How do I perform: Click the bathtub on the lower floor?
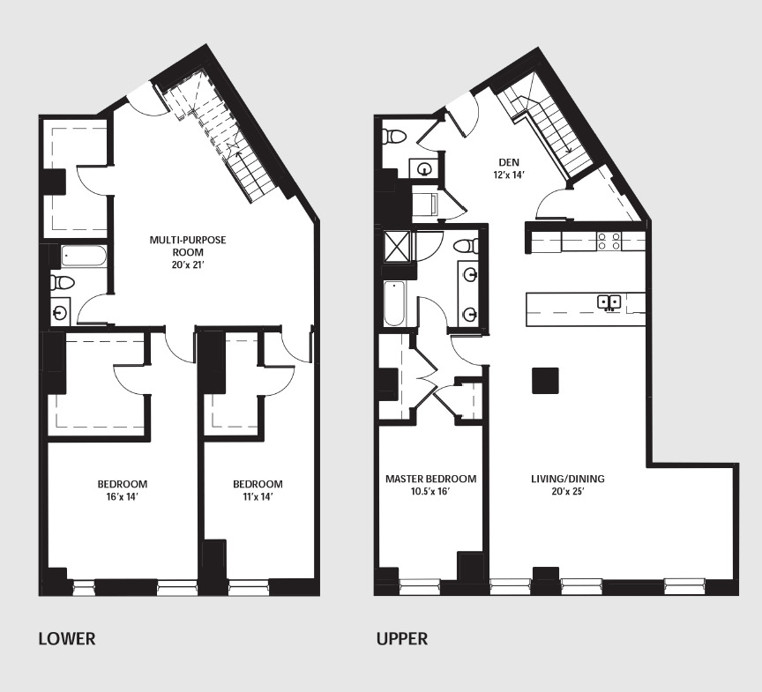coord(85,257)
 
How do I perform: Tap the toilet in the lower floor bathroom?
coord(63,282)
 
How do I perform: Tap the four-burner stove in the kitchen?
coord(609,241)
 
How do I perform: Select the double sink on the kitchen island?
coord(609,302)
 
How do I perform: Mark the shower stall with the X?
coord(396,245)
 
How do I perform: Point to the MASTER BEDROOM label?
coord(430,480)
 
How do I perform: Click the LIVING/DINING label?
coord(567,480)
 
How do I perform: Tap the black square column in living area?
coord(544,380)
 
